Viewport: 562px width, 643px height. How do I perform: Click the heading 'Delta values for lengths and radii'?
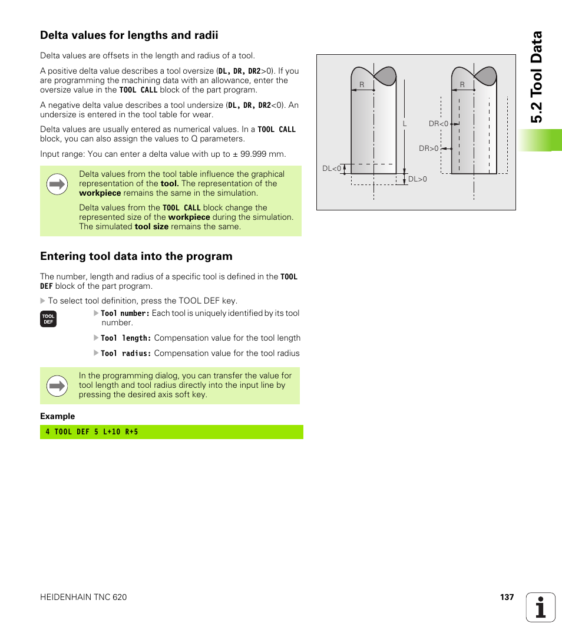pyautogui.click(x=129, y=35)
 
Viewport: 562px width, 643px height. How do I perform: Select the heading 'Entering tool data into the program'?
pyautogui.click(x=136, y=256)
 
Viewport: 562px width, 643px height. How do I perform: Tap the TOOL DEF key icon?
pyautogui.click(x=48, y=319)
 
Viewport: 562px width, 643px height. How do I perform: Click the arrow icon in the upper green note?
pyautogui.click(x=57, y=184)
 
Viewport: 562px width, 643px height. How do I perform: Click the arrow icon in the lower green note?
pyautogui.click(x=57, y=386)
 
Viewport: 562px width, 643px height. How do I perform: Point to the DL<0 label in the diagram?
pyautogui.click(x=332, y=169)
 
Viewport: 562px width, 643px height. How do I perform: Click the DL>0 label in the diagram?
pyautogui.click(x=417, y=179)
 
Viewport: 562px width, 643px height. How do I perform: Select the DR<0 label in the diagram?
pyautogui.click(x=438, y=124)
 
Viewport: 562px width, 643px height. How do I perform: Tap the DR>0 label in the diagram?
pyautogui.click(x=429, y=149)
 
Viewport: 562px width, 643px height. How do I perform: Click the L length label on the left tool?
pyautogui.click(x=405, y=124)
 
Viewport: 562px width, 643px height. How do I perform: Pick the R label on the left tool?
pyautogui.click(x=362, y=85)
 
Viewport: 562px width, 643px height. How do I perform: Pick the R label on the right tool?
pyautogui.click(x=462, y=85)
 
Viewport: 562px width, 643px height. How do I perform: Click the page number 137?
pyautogui.click(x=507, y=597)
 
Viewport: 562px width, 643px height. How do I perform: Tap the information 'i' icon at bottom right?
pyautogui.click(x=540, y=607)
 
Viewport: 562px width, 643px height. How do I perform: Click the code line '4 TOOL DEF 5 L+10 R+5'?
pyautogui.click(x=92, y=432)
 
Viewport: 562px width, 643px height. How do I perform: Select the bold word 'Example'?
pyautogui.click(x=57, y=416)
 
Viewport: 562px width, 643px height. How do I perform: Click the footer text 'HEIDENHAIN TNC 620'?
pyautogui.click(x=83, y=597)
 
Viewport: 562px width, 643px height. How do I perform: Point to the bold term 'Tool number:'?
pyautogui.click(x=125, y=314)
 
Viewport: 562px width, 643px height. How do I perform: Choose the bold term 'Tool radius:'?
pyautogui.click(x=126, y=354)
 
